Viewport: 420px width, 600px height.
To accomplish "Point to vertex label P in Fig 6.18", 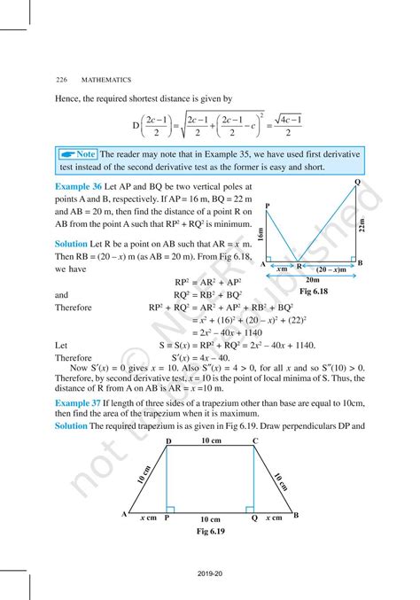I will [x=267, y=205].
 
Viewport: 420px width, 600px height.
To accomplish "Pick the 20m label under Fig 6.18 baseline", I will [x=310, y=277].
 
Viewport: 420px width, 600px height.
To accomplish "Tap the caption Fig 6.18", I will [x=311, y=290].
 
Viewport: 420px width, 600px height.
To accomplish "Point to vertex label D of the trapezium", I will [x=167, y=440].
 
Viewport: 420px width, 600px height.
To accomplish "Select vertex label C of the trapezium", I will [x=255, y=440].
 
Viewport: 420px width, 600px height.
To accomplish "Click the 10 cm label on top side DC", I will [x=211, y=440].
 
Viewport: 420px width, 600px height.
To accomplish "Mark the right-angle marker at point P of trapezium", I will [x=170, y=510].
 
